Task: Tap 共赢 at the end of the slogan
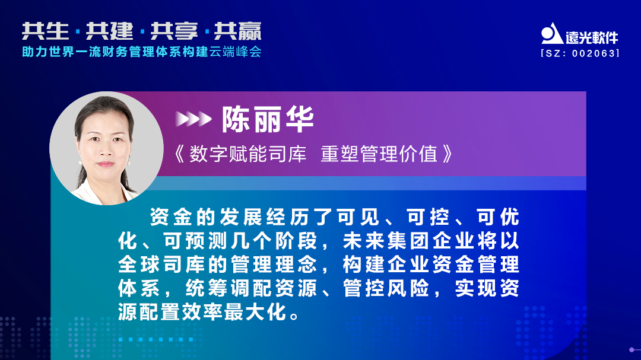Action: (237, 31)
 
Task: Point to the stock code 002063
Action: (594, 53)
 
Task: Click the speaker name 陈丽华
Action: (268, 120)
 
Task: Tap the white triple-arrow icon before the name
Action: (193, 120)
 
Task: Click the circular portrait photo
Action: (107, 148)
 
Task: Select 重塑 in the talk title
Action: (338, 154)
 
